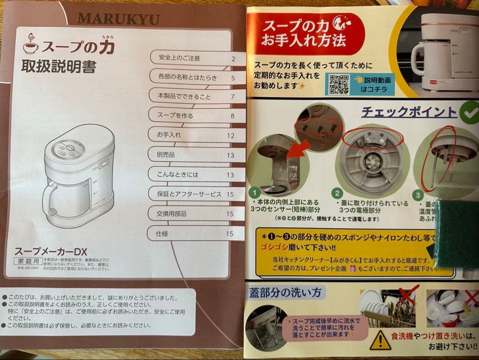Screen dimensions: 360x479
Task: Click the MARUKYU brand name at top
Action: tap(118, 19)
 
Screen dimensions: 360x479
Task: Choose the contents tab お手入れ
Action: tap(169, 135)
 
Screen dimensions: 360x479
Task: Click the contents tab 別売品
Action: tap(166, 155)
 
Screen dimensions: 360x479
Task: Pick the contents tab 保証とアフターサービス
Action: tap(189, 194)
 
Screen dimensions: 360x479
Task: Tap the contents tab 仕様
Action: tap(162, 233)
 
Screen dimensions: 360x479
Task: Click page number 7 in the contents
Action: tap(232, 97)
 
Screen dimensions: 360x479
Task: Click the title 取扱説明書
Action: tap(59, 67)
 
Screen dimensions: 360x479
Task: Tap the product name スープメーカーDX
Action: tap(51, 251)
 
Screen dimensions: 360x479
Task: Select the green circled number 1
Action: tap(254, 193)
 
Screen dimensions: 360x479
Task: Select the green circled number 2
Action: tap(338, 193)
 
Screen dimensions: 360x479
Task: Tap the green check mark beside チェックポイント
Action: tap(468, 113)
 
